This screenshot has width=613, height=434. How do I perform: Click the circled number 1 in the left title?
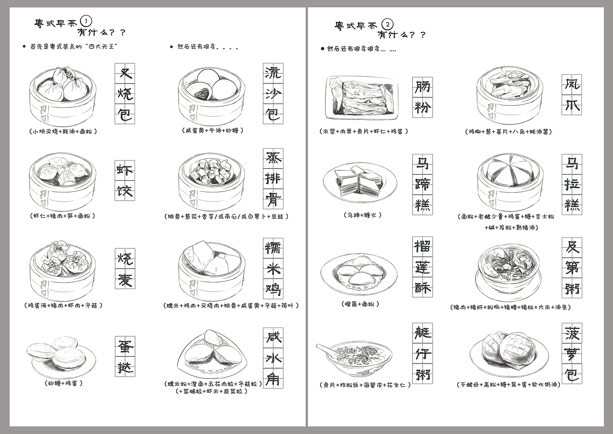[86, 21]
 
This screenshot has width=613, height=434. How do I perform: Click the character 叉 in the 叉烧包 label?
[125, 74]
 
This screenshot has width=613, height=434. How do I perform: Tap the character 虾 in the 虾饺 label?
[125, 171]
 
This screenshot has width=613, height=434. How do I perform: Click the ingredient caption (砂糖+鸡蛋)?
[63, 383]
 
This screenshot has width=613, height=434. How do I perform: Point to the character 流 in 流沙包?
[273, 74]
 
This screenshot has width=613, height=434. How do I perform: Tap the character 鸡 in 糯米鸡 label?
[273, 289]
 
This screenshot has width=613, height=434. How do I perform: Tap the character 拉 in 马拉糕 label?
[572, 185]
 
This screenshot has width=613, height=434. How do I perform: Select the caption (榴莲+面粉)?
[361, 304]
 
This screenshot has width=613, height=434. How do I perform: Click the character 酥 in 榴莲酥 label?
[423, 288]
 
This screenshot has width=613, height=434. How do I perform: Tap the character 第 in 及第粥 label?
[572, 268]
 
